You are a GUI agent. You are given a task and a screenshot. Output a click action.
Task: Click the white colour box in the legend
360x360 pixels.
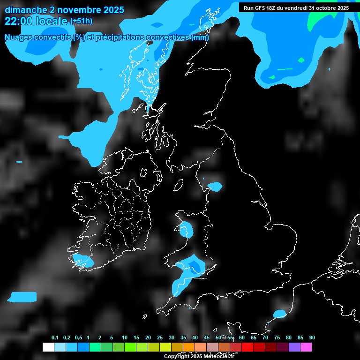pyautogui.click(x=48, y=347)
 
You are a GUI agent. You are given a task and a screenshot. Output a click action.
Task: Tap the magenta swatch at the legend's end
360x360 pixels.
pyautogui.click(x=306, y=347)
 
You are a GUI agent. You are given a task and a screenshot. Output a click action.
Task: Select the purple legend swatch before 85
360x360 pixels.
pyautogui.click(x=294, y=347)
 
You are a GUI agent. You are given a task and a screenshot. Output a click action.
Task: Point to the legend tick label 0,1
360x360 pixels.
pyautogui.click(x=55, y=338)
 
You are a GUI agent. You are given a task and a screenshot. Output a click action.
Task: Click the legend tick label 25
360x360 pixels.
pyautogui.click(x=160, y=338)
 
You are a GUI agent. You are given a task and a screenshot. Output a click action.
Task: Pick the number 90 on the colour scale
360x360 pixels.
pyautogui.click(x=312, y=338)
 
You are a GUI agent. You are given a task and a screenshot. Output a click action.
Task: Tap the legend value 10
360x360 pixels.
pyautogui.click(x=125, y=338)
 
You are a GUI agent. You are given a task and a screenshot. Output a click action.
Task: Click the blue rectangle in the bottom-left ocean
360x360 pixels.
pyautogui.click(x=22, y=297)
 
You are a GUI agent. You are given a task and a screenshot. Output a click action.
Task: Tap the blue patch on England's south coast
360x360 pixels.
pyautogui.click(x=279, y=313)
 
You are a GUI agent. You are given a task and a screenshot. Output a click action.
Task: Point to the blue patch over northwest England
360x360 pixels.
pyautogui.click(x=215, y=187)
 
